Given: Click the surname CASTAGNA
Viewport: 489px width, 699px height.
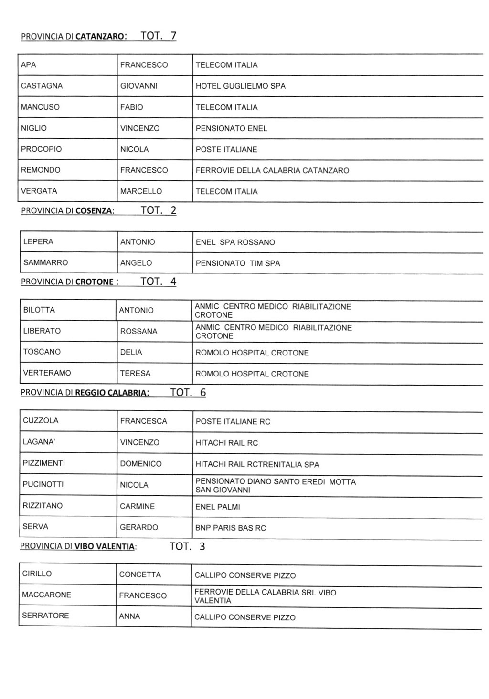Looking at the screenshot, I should (42, 86).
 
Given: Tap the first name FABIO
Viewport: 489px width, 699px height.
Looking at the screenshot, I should (131, 107).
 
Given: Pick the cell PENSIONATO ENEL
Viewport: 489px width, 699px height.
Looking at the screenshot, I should (231, 128).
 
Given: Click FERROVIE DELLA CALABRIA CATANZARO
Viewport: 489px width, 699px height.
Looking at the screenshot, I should (272, 170).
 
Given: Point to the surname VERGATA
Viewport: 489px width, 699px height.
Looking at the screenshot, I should (39, 191).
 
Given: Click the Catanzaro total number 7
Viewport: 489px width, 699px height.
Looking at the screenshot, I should (173, 36).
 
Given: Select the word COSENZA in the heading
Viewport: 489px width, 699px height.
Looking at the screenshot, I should (94, 210).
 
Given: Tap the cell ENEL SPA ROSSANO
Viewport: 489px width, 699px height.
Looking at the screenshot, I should (235, 242).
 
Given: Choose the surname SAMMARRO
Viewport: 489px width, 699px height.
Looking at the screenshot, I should (45, 262).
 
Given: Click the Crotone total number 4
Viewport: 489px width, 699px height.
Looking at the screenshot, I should (173, 282).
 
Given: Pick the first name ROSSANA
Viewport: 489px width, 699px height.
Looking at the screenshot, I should (138, 331).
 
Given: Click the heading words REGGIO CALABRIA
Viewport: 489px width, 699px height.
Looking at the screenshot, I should (112, 393).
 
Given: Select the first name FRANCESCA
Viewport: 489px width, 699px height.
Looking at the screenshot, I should (143, 421).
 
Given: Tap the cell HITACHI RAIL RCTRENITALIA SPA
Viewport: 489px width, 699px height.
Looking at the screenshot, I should (257, 464).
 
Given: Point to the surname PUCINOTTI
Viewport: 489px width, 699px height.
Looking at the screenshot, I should (43, 484).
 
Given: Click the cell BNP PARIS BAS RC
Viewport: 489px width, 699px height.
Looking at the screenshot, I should (230, 528).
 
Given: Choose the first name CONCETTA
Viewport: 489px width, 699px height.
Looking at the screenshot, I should (140, 574).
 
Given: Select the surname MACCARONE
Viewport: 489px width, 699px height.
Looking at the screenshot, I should (46, 595).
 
